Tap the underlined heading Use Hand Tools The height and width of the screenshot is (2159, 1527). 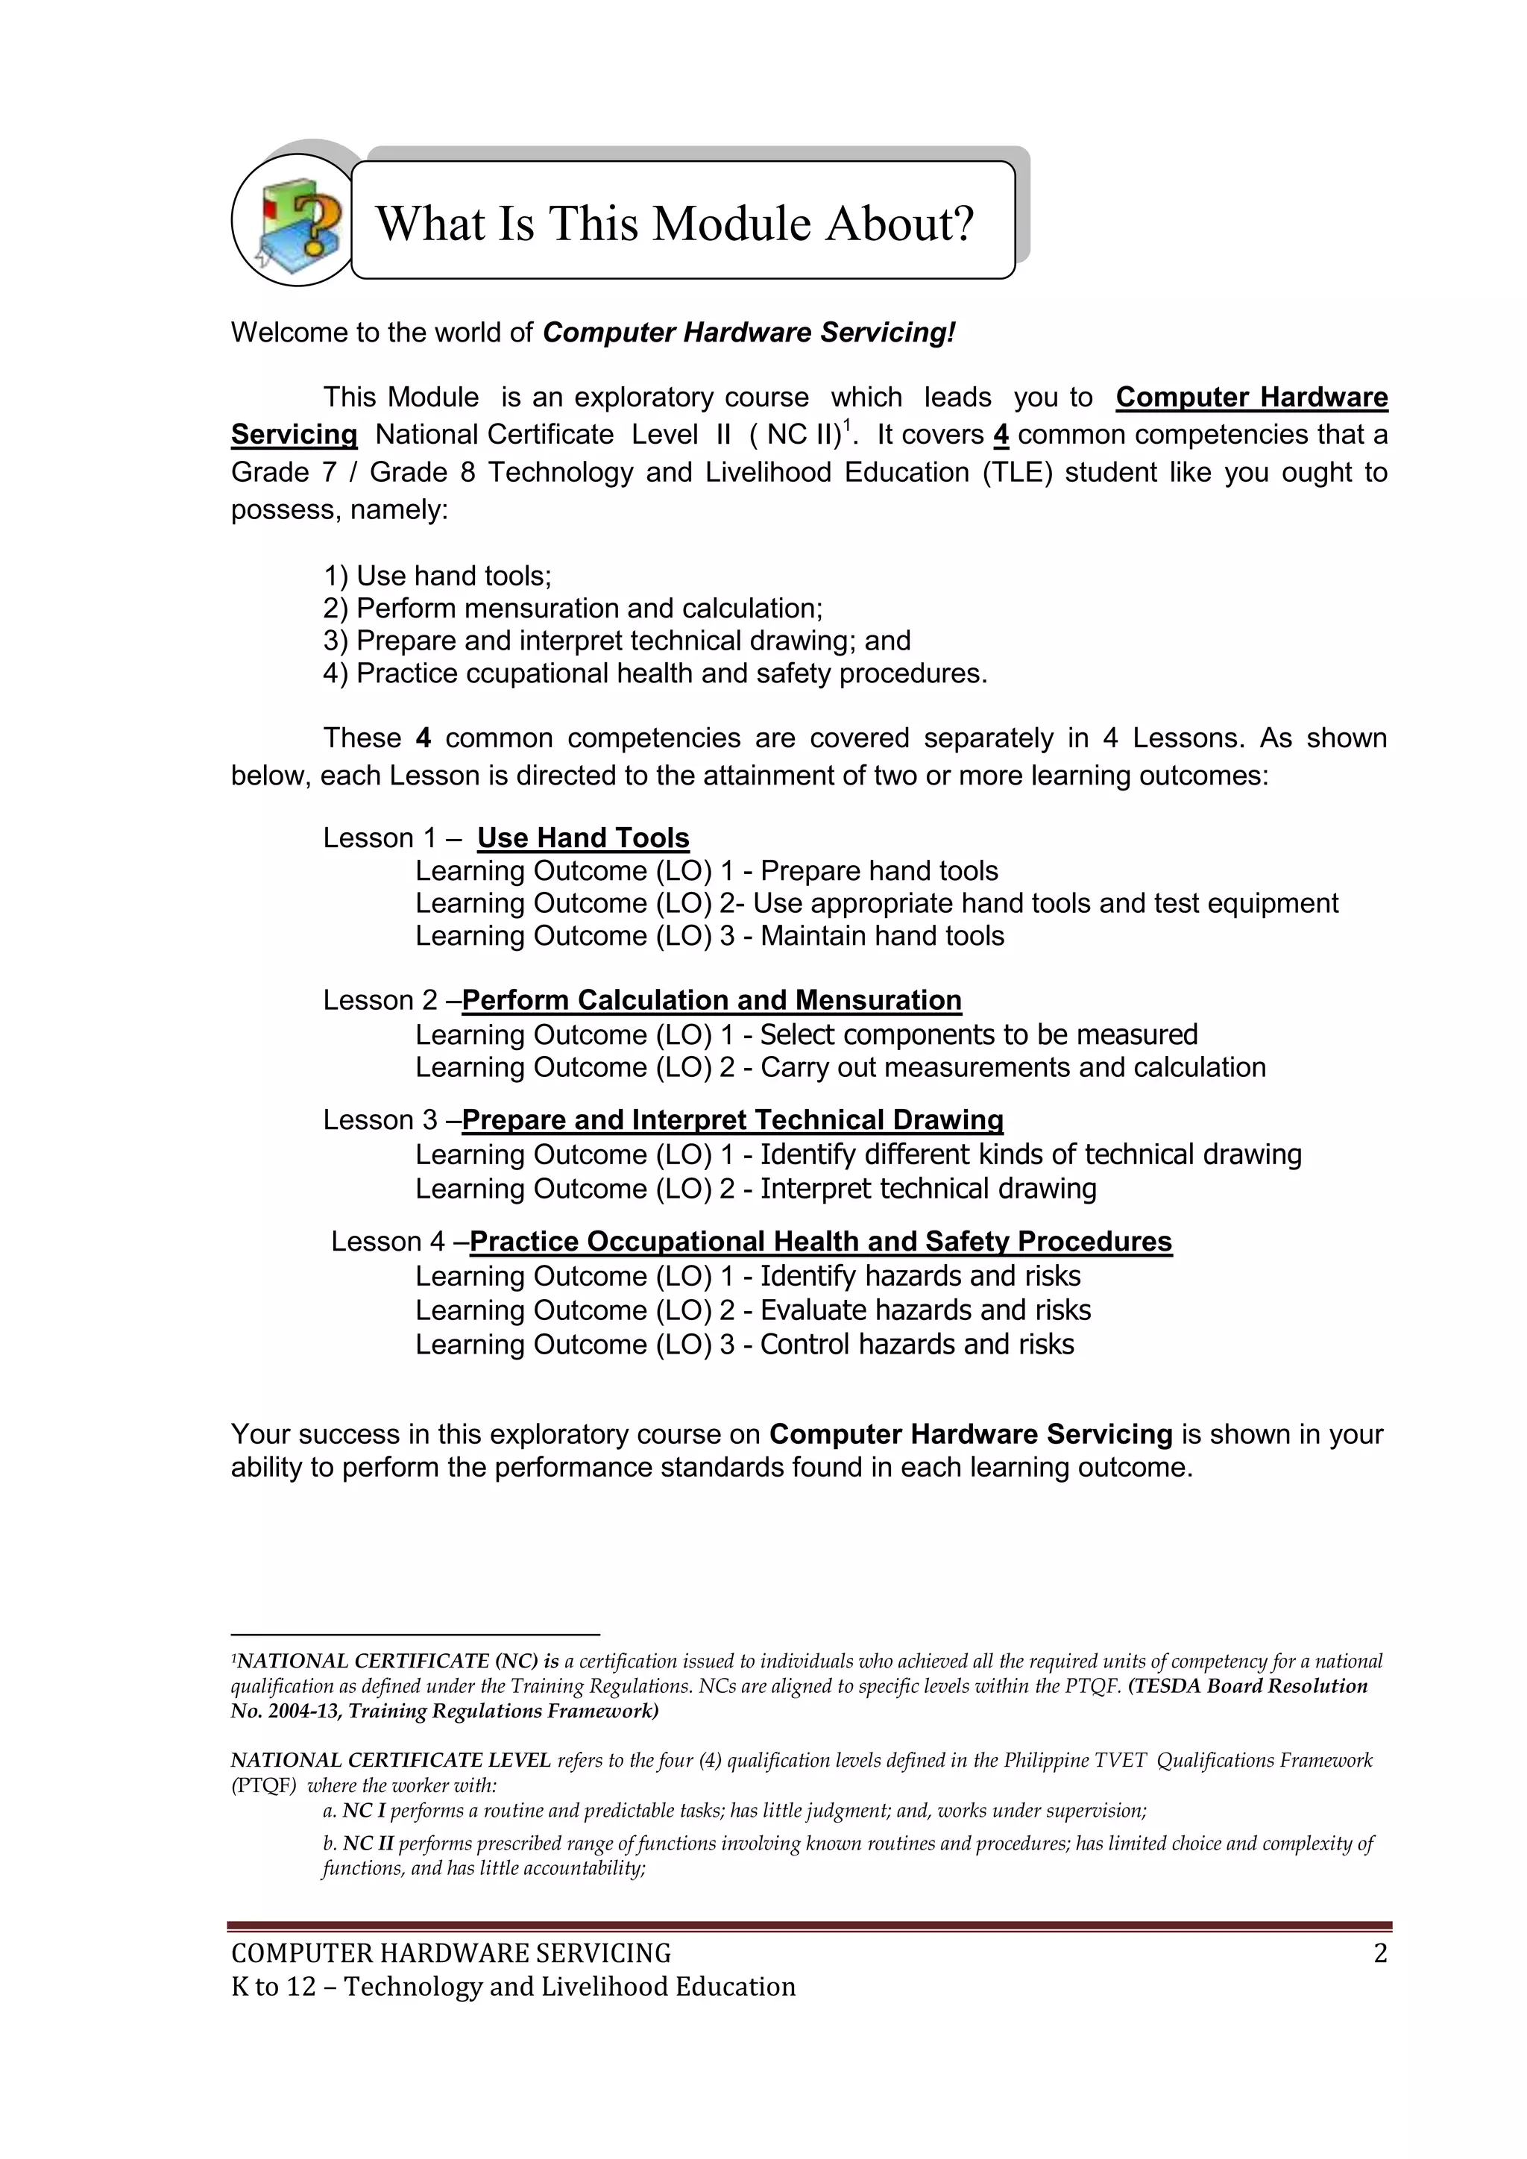click(583, 837)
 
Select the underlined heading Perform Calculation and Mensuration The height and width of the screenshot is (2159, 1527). click(712, 999)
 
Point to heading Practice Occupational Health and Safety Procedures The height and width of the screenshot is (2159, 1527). click(820, 1241)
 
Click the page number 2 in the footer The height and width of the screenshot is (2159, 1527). click(1379, 1954)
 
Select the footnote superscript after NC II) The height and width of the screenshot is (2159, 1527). click(847, 424)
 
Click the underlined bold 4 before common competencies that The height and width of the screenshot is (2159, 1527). click(1001, 435)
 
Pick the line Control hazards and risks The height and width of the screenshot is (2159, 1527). click(917, 1345)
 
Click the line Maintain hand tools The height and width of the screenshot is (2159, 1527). click(882, 936)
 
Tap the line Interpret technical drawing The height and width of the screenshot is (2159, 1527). click(928, 1189)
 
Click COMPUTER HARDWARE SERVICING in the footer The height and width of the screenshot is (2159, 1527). click(451, 1954)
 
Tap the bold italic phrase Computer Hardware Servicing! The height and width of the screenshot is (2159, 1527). click(749, 333)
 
